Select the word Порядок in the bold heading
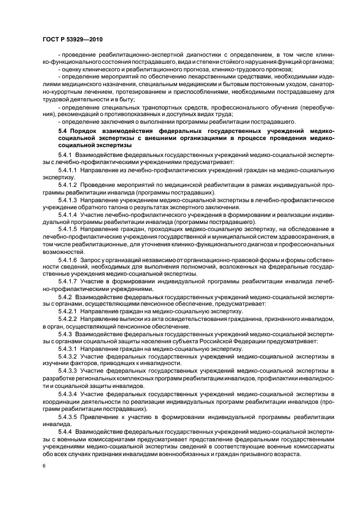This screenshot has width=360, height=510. pos(88,131)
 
